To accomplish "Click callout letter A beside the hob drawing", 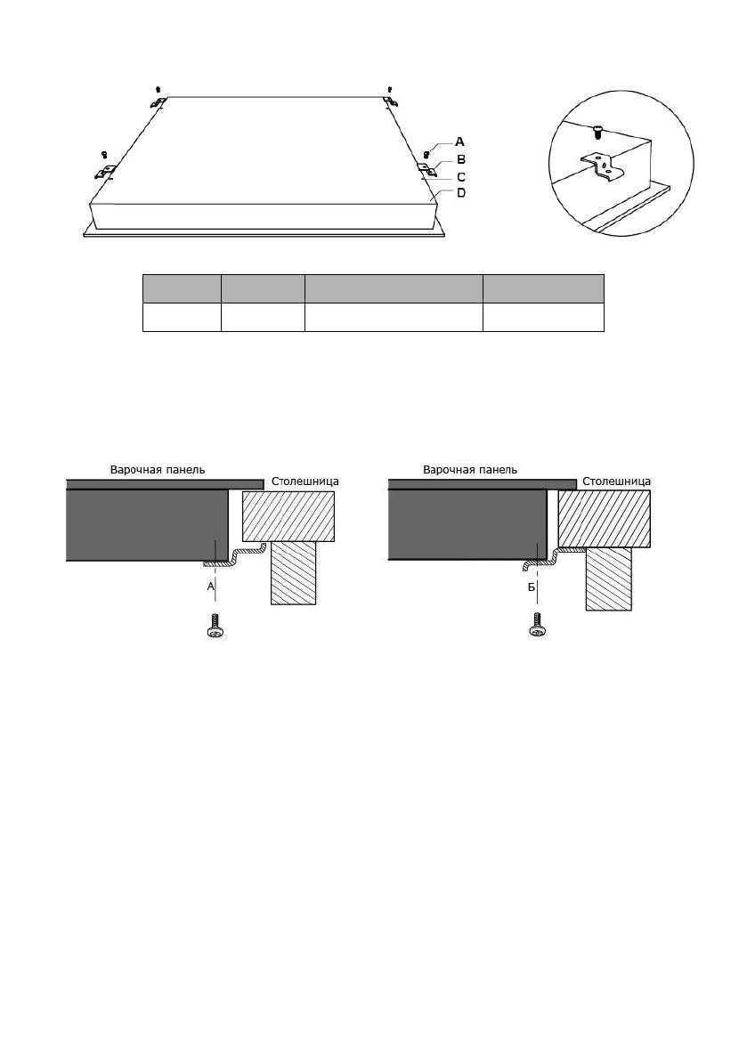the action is pyautogui.click(x=459, y=142).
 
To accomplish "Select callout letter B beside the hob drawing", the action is pyautogui.click(x=461, y=159).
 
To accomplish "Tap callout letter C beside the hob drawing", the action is pyautogui.click(x=461, y=177).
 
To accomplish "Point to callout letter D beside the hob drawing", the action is pyautogui.click(x=461, y=192).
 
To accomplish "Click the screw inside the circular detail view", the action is pyautogui.click(x=597, y=131).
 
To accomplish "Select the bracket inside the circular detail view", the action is pyautogui.click(x=602, y=169).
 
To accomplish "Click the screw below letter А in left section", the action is pyautogui.click(x=215, y=625).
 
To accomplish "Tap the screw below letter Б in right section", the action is pyautogui.click(x=538, y=625).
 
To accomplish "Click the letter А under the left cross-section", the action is pyautogui.click(x=211, y=587).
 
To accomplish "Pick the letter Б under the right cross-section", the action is pyautogui.click(x=532, y=587).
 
